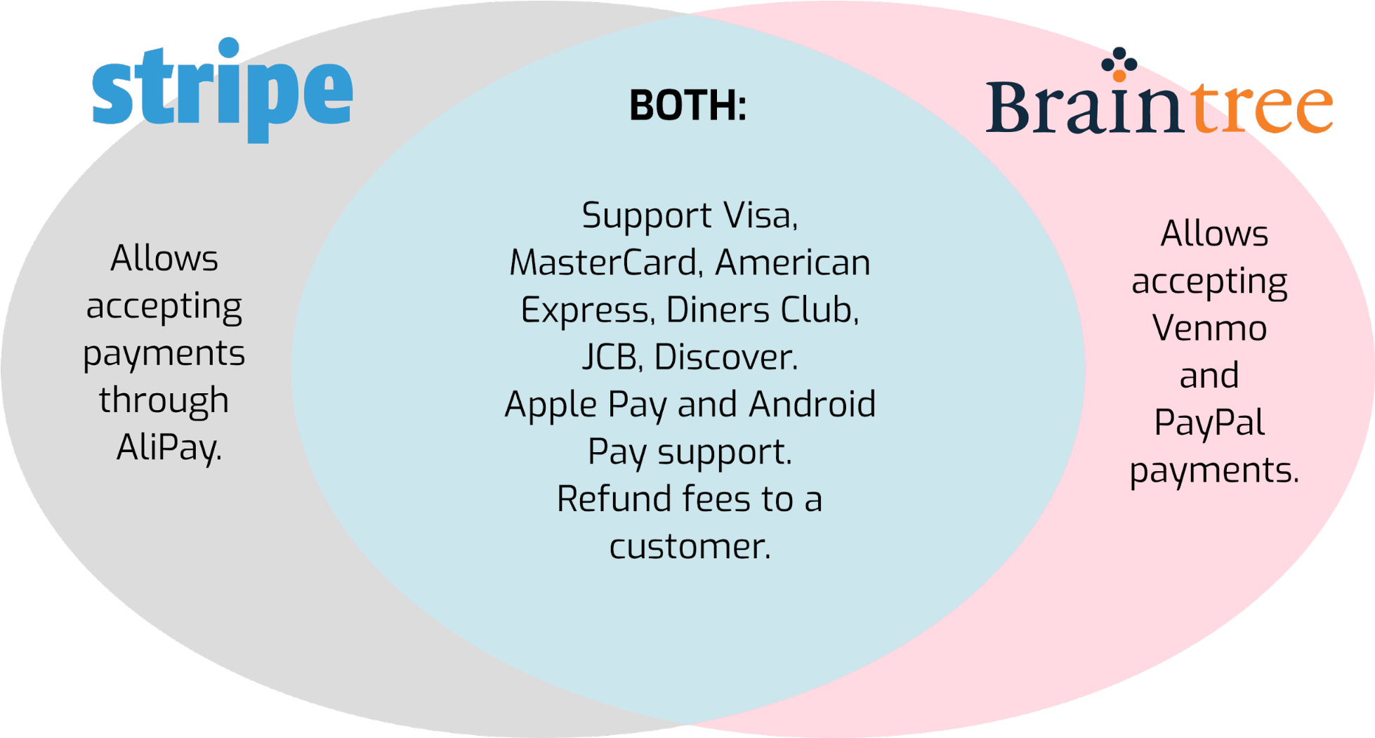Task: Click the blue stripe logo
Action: [x=222, y=90]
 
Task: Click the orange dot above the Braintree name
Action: [x=1119, y=75]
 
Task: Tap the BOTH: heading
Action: [x=688, y=106]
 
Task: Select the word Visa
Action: [x=761, y=215]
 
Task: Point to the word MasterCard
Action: [x=605, y=263]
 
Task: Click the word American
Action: [x=793, y=263]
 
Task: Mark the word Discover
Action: [x=726, y=357]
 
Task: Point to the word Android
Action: [x=813, y=404]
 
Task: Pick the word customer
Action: [x=690, y=546]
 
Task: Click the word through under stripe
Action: [x=164, y=401]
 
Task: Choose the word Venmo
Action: [x=1209, y=328]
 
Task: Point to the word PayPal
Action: [x=1209, y=423]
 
